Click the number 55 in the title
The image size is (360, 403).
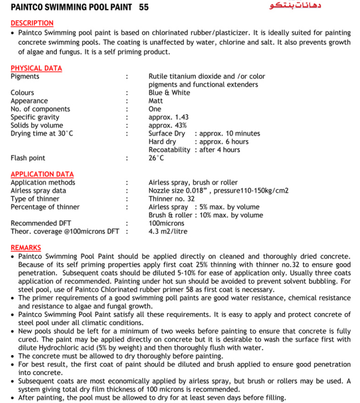tap(144, 7)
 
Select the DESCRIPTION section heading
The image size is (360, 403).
tap(32, 23)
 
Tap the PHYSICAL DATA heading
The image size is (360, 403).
tap(36, 68)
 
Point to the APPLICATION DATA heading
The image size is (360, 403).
tap(42, 174)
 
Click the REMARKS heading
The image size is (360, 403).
tap(26, 247)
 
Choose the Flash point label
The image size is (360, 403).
tap(28, 158)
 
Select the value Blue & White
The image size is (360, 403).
tap(169, 93)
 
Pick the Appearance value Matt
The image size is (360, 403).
tap(156, 101)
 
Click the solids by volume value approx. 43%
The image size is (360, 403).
tap(168, 126)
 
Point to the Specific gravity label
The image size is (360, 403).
tap(35, 117)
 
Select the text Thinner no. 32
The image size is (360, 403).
tap(171, 199)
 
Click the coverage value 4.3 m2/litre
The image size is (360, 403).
tap(168, 231)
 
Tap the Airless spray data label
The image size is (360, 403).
tap(38, 190)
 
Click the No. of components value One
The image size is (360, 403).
tap(155, 110)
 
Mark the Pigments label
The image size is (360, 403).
tap(25, 77)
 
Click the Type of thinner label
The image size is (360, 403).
tap(35, 199)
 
